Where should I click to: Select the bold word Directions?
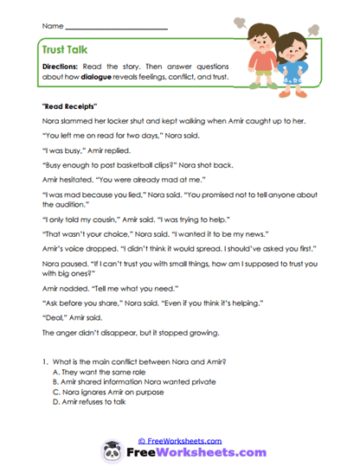[x=61, y=66]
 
